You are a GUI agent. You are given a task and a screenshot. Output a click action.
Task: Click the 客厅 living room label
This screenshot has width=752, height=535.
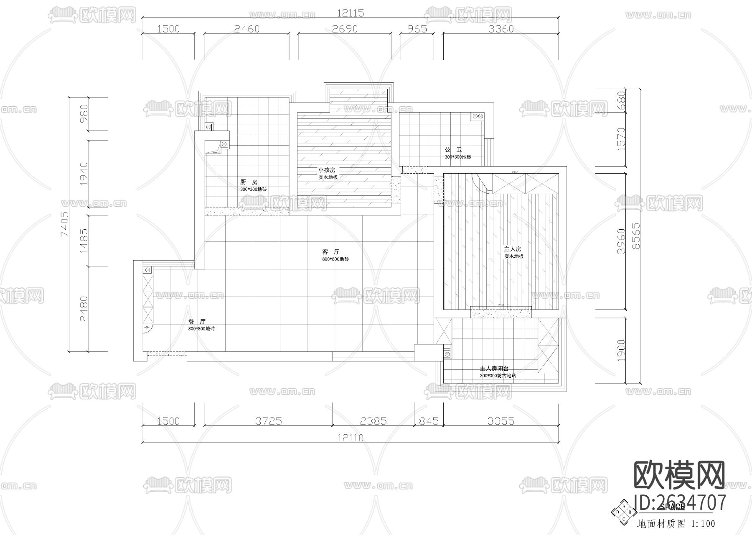pyautogui.click(x=331, y=252)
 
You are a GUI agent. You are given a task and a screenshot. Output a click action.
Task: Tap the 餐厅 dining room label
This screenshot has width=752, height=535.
pyautogui.click(x=197, y=322)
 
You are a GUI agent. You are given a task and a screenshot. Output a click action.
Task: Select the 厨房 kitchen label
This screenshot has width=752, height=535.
pyautogui.click(x=249, y=182)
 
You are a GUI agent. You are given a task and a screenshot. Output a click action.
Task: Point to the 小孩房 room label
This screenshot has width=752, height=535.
pyautogui.click(x=327, y=170)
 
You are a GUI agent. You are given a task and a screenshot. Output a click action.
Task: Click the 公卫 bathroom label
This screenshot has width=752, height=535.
pyautogui.click(x=453, y=150)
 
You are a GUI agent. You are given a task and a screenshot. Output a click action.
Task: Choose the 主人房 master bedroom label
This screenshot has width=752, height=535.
pyautogui.click(x=513, y=249)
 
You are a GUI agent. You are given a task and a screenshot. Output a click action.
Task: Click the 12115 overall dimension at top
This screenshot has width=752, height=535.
pyautogui.click(x=350, y=13)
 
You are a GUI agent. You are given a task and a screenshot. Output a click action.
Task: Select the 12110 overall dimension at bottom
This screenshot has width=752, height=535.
pyautogui.click(x=350, y=438)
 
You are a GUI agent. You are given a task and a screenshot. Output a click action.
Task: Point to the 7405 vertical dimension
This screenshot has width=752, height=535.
pyautogui.click(x=64, y=224)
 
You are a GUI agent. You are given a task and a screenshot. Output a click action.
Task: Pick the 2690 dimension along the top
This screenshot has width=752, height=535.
pyautogui.click(x=345, y=29)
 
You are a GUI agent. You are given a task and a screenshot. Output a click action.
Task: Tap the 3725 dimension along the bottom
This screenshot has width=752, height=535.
pyautogui.click(x=269, y=421)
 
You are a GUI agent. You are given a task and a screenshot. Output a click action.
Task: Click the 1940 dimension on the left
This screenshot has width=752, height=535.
pyautogui.click(x=84, y=174)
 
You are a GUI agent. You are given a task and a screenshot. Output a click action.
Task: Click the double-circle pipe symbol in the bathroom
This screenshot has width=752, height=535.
pyautogui.click(x=478, y=116)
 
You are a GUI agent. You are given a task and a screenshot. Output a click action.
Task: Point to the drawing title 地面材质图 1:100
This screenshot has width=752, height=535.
pyautogui.click(x=676, y=524)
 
